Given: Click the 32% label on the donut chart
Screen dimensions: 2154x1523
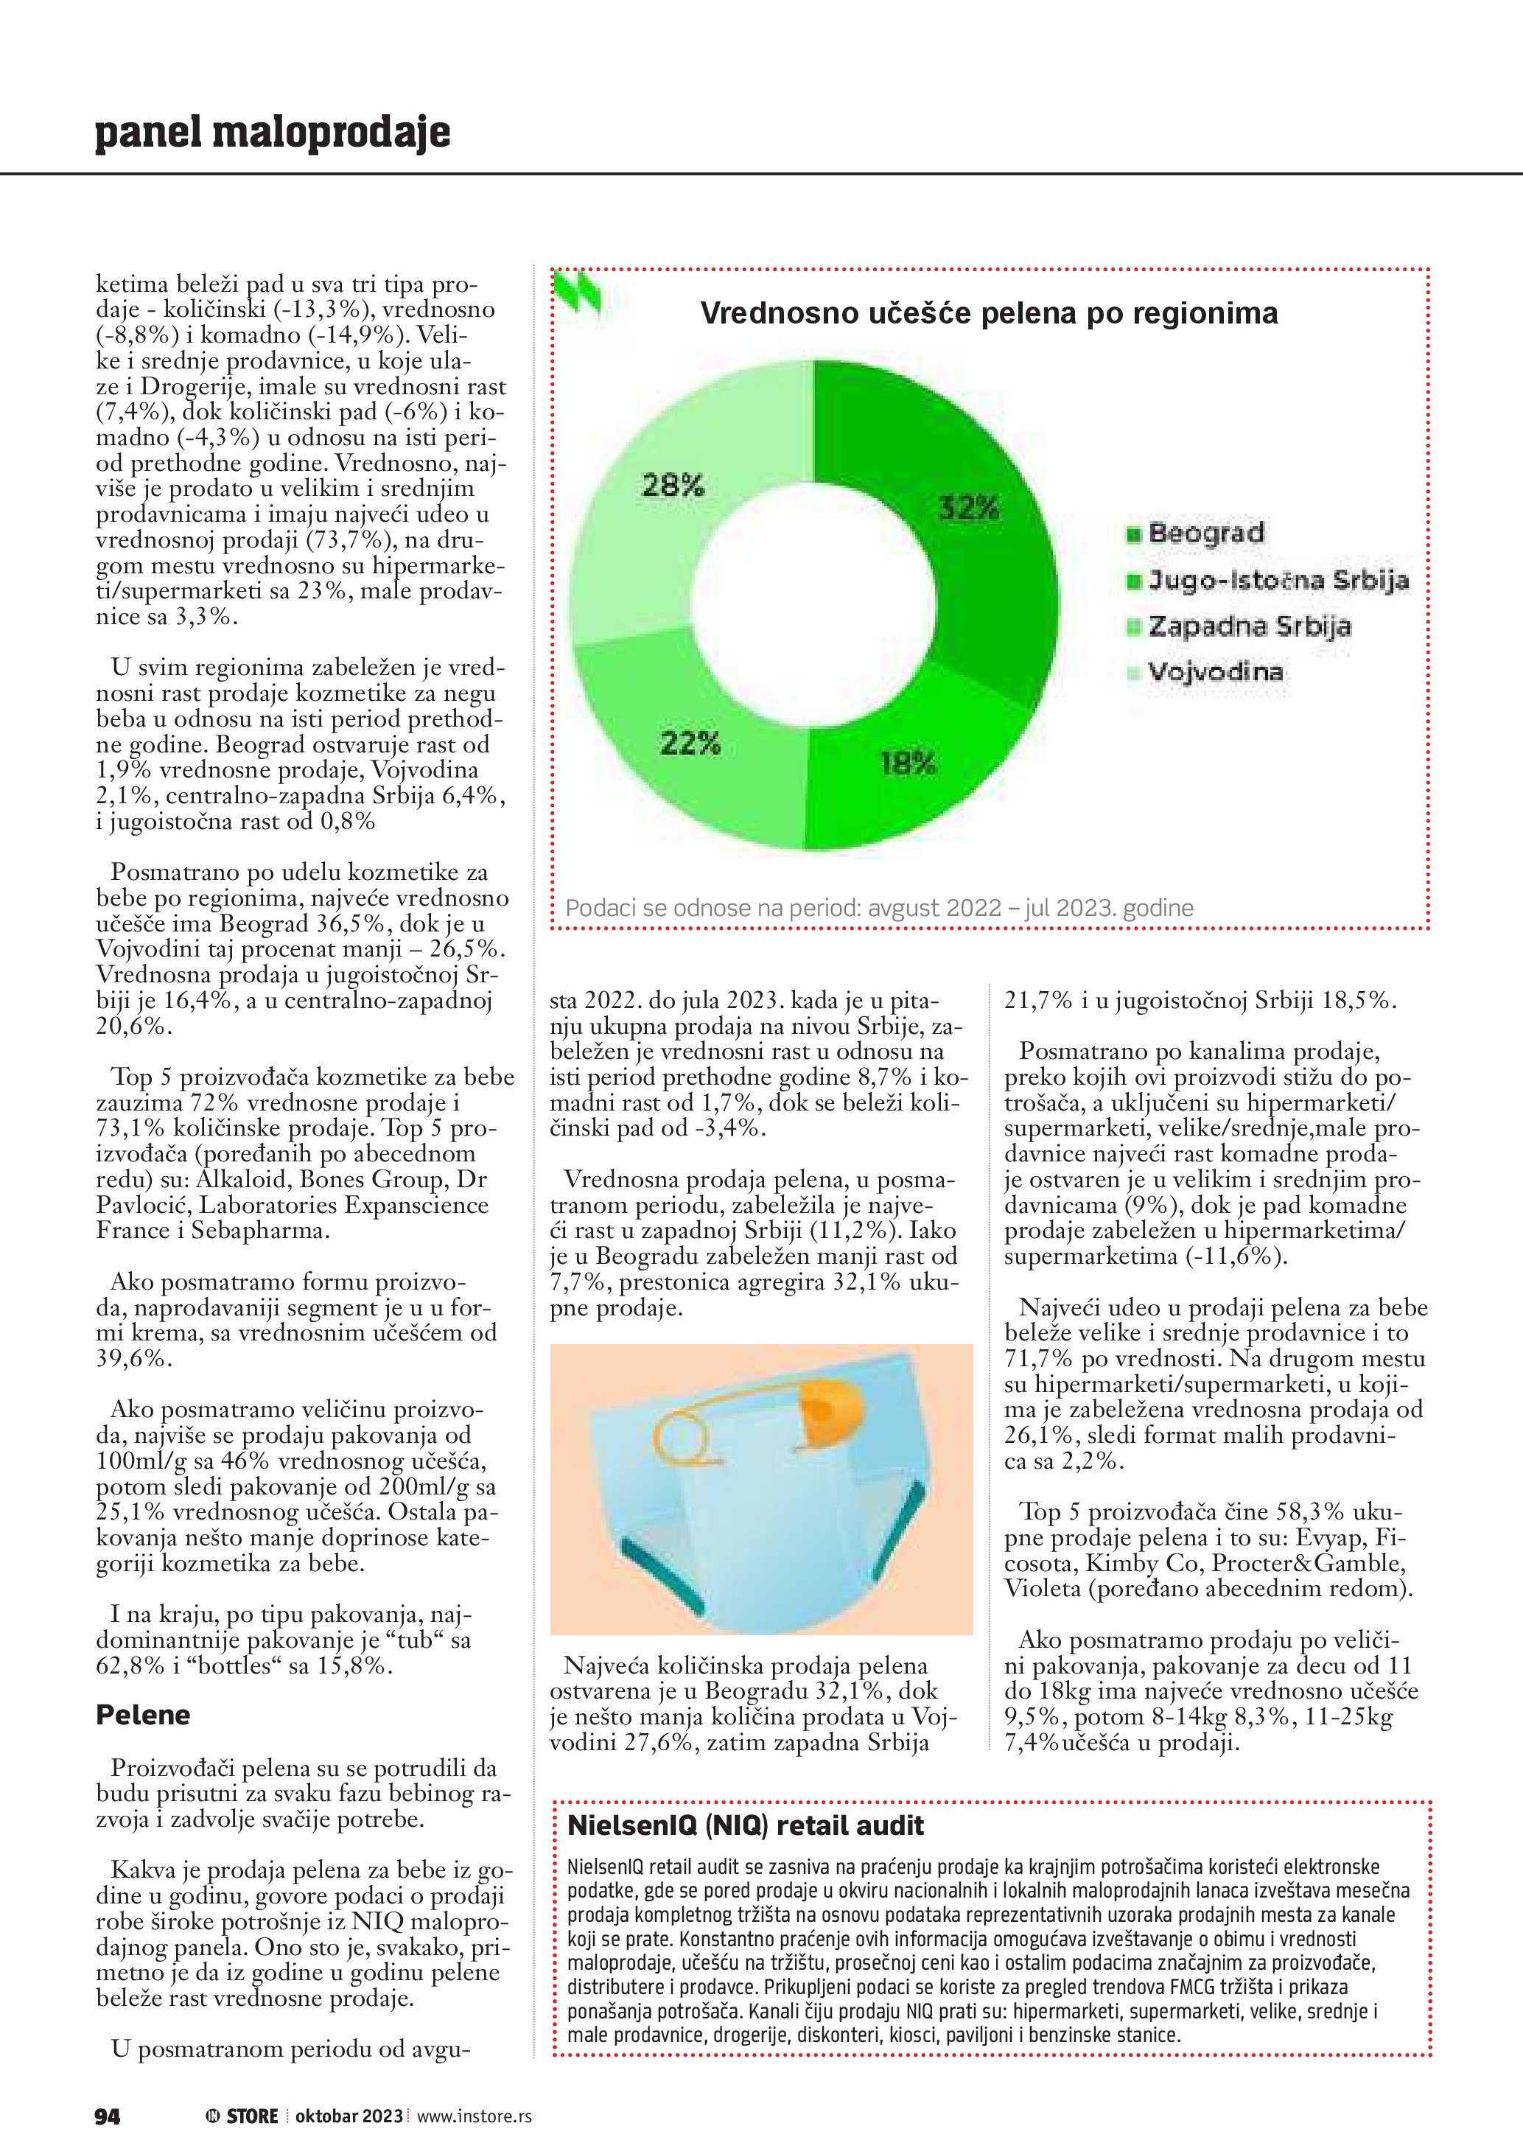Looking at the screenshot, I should (969, 508).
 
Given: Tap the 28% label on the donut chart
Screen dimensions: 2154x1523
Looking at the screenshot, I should (673, 485).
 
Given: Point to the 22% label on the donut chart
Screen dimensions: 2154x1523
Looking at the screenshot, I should (690, 744).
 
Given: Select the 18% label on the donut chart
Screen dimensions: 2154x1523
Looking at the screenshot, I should (908, 763).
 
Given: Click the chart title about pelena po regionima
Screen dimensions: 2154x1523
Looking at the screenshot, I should (989, 313).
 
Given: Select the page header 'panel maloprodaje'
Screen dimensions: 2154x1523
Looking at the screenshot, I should (272, 133).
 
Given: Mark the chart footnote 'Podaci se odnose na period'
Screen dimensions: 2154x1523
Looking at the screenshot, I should (879, 908).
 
